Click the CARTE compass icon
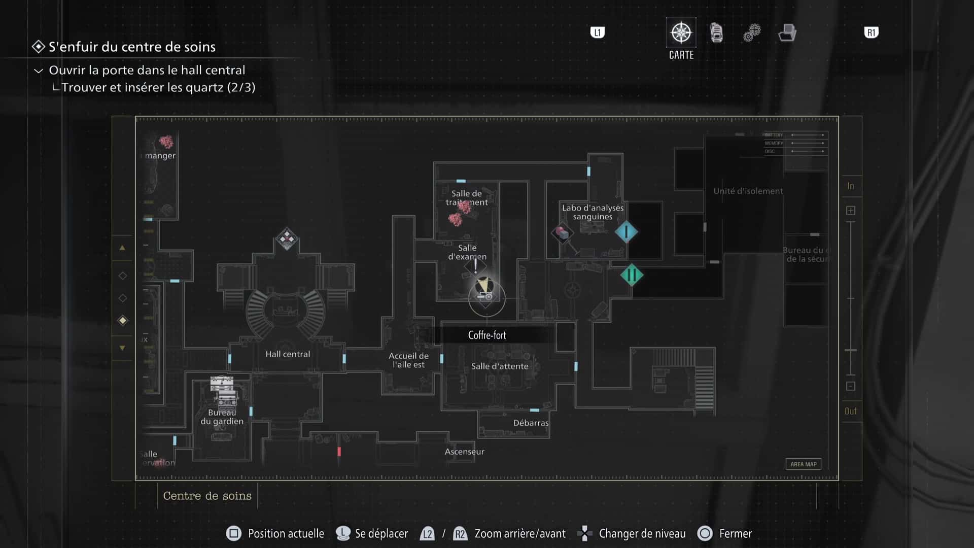point(681,33)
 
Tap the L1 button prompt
point(598,33)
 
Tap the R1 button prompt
point(871,33)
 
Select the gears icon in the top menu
point(752,33)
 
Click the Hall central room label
point(288,354)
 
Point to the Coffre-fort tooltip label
point(487,335)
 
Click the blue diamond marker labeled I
point(627,232)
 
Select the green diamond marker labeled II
point(632,276)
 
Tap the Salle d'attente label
point(500,366)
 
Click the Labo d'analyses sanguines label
point(593,212)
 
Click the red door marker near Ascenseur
point(339,451)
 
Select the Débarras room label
point(531,423)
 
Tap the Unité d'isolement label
point(748,191)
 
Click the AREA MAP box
point(804,464)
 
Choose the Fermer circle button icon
point(705,533)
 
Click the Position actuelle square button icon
point(233,533)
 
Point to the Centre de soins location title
point(207,496)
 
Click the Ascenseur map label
point(464,452)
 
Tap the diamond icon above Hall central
point(287,238)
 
